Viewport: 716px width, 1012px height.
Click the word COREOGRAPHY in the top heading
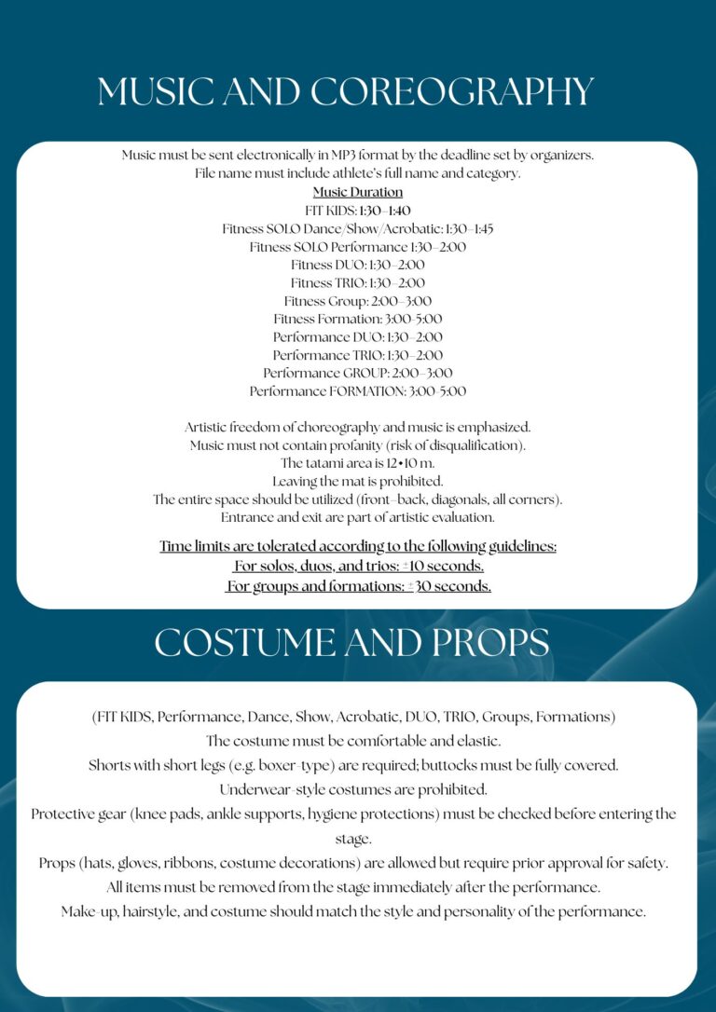[x=451, y=92]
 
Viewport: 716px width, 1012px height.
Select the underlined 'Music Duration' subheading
[x=358, y=193]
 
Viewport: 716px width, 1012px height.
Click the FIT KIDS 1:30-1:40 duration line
[x=358, y=211]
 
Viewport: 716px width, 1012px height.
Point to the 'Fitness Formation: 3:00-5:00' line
[x=358, y=319]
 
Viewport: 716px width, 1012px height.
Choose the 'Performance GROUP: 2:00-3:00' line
[x=358, y=373]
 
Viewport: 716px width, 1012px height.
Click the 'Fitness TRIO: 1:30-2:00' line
[x=358, y=283]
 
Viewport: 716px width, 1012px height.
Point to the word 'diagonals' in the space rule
[x=446, y=499]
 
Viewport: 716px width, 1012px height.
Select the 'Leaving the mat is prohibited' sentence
[x=358, y=482]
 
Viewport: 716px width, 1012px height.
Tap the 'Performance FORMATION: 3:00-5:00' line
[x=358, y=391]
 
